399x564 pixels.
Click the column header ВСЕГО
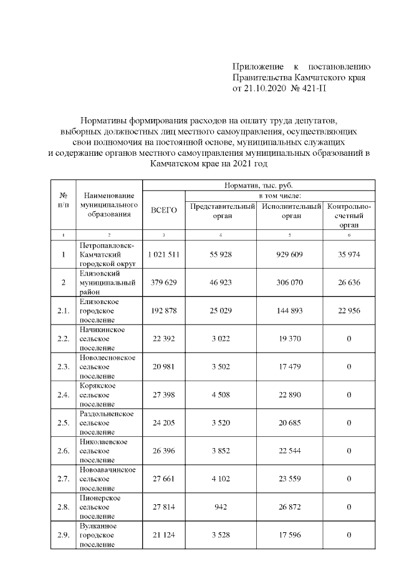click(x=165, y=210)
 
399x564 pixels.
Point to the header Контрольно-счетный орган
click(x=349, y=215)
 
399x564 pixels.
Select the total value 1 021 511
click(x=165, y=254)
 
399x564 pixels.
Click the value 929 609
click(x=289, y=254)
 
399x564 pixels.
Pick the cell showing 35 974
click(x=349, y=254)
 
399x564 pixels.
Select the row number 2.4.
click(x=63, y=394)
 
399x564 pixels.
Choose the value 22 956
click(x=349, y=310)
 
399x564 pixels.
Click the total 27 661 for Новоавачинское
click(x=165, y=479)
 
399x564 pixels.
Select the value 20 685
click(x=289, y=423)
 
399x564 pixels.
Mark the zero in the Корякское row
click(x=349, y=394)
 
